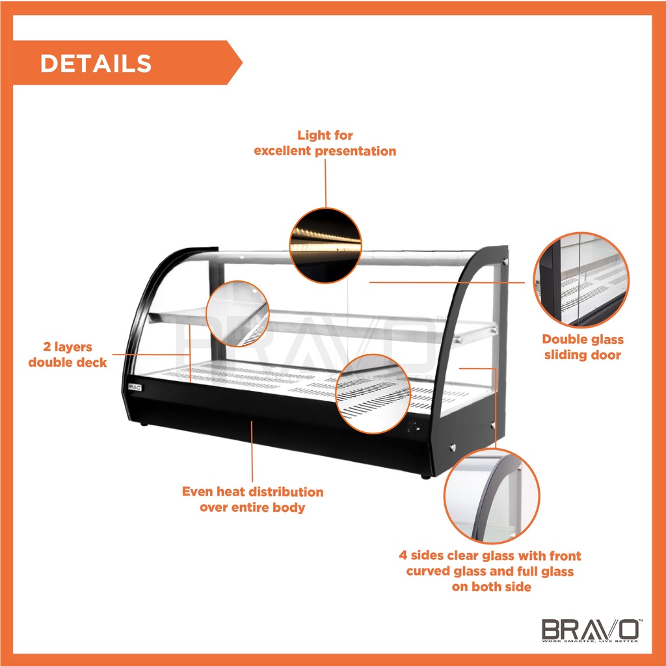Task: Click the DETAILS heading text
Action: (96, 63)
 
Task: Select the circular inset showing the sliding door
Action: (581, 279)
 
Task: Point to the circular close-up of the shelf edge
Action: (237, 313)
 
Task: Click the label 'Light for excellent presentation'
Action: (325, 143)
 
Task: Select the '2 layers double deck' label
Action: (68, 354)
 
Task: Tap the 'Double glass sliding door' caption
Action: (583, 347)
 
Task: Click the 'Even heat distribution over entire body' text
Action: (252, 499)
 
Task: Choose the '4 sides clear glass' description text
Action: (490, 571)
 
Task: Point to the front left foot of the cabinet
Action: (144, 425)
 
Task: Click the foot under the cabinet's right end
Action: (425, 475)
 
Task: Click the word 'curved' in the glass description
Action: (431, 571)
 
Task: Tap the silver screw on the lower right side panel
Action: (452, 448)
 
